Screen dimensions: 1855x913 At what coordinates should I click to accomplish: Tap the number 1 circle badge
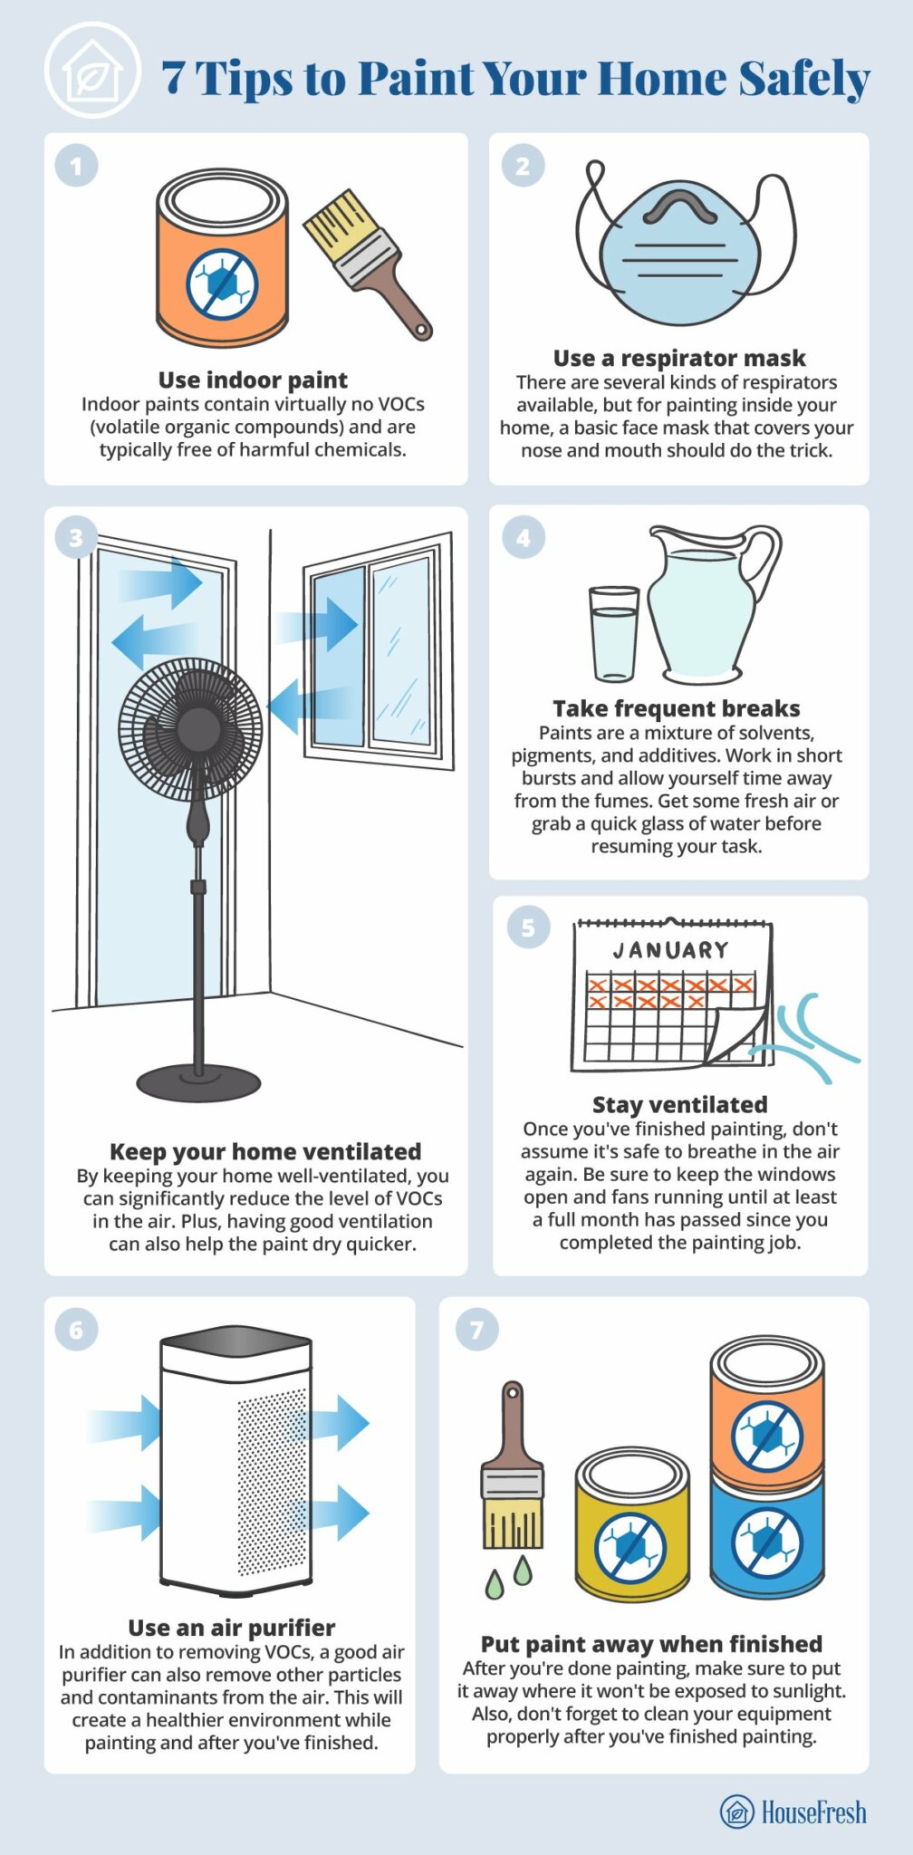[x=76, y=166]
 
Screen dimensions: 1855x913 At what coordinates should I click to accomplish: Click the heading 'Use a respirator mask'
[x=679, y=358]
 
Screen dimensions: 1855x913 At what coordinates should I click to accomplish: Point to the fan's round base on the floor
[x=198, y=1081]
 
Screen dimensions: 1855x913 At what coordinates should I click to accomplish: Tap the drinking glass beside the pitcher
[x=614, y=633]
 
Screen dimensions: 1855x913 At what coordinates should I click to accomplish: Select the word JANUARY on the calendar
[x=670, y=950]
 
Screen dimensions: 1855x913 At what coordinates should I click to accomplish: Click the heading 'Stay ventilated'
[x=679, y=1105]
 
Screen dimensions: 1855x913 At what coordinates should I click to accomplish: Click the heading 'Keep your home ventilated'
[x=264, y=1151]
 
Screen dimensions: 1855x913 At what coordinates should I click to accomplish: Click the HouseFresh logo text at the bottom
[x=812, y=1812]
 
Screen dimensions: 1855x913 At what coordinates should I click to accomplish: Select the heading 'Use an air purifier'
[x=231, y=1628]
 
